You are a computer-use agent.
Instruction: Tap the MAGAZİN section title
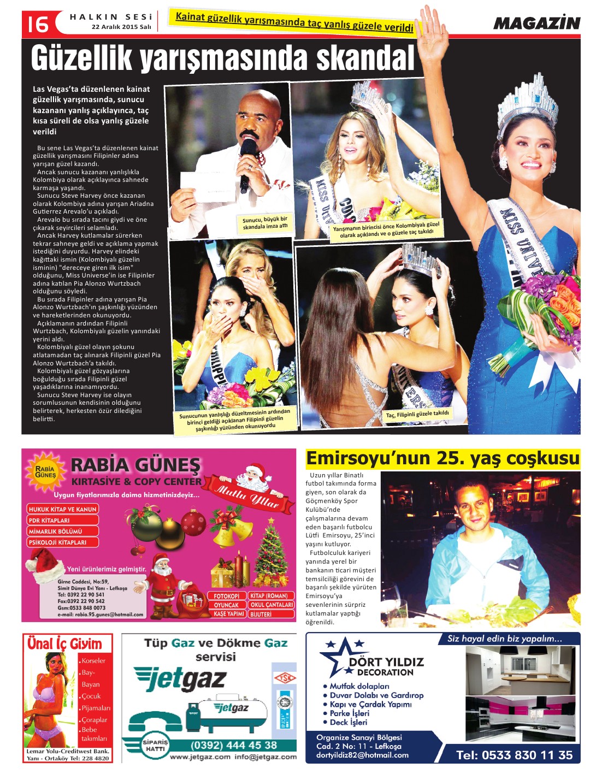tap(536, 23)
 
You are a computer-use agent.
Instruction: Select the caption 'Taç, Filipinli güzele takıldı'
tap(417, 414)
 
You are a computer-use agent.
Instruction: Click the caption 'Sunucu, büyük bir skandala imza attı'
tap(265, 222)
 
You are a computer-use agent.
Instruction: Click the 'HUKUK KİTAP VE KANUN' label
tap(62, 509)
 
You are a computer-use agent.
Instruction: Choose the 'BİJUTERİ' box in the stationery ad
tap(262, 614)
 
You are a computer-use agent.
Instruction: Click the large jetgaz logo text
tap(181, 679)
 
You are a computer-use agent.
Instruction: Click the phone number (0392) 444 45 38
tap(233, 745)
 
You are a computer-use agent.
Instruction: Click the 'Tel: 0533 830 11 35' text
tap(514, 755)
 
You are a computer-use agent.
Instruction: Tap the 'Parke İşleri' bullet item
tap(350, 713)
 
